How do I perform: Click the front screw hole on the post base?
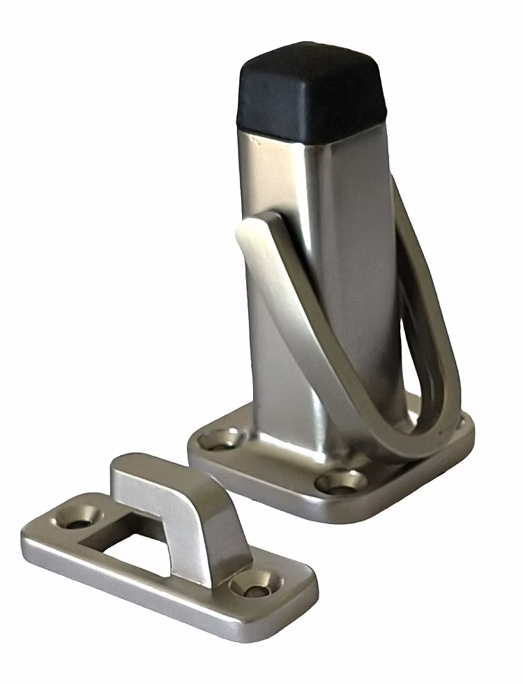tap(340, 482)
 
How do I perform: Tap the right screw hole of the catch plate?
tap(255, 583)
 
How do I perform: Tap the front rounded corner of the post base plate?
tap(363, 513)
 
